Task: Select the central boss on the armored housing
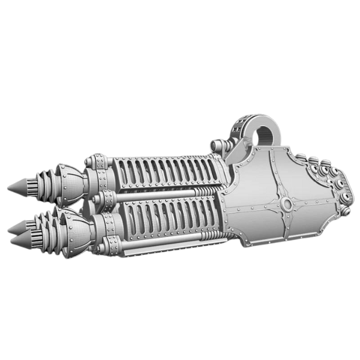pyautogui.click(x=286, y=205)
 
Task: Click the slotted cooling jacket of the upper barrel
pyautogui.click(x=162, y=171)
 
